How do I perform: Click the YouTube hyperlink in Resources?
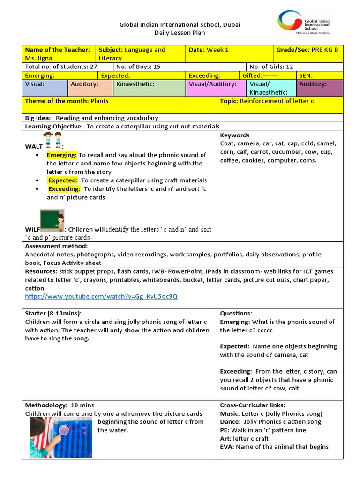(101, 297)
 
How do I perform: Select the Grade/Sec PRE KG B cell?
(307, 50)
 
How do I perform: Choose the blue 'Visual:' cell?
(45, 88)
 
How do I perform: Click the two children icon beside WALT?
(52, 140)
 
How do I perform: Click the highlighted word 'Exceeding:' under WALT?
(64, 188)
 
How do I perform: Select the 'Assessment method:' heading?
(56, 246)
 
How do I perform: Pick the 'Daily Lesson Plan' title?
(180, 33)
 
